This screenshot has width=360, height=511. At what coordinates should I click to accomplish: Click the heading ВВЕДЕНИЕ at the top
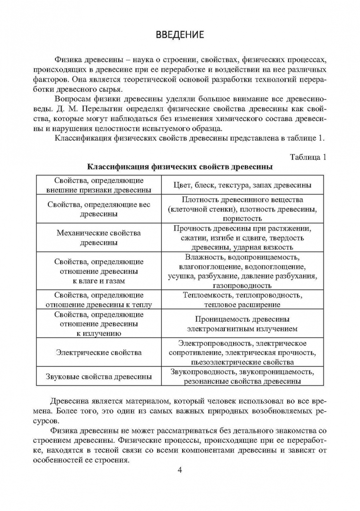180,35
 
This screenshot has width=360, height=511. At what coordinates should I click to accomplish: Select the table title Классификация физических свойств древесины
180,167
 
